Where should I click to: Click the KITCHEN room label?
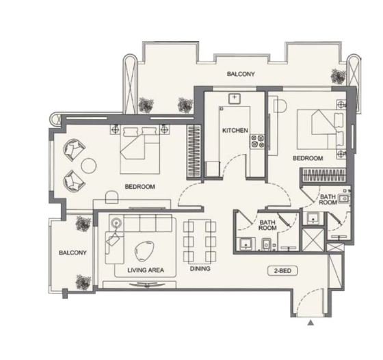[235, 131]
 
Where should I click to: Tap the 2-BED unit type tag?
[282, 271]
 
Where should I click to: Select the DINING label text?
[200, 268]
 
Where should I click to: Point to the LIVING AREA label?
[146, 270]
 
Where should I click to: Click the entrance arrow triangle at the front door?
[311, 323]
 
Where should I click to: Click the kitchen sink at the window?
[235, 99]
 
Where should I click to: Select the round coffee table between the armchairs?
[89, 166]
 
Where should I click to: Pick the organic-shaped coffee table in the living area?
[144, 251]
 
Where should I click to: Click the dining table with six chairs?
[200, 242]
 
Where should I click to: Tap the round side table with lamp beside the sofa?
[116, 223]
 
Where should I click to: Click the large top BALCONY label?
[241, 74]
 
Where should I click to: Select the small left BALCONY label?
[72, 253]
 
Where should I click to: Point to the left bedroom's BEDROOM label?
[140, 187]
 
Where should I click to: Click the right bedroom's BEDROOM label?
[308, 158]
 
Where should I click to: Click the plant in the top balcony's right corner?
[339, 76]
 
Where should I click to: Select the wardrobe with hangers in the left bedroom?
[194, 151]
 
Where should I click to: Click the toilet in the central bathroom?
[266, 244]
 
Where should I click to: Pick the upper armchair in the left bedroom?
[74, 150]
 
